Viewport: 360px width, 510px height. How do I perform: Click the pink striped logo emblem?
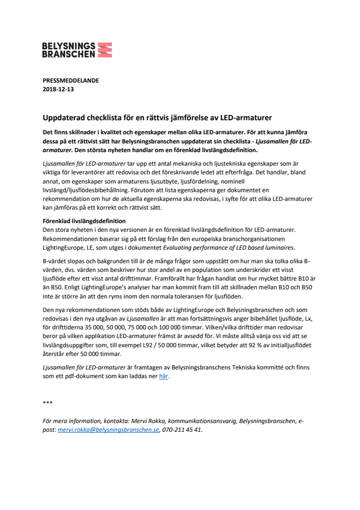click(x=105, y=50)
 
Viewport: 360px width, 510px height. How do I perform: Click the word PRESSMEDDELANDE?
click(x=70, y=81)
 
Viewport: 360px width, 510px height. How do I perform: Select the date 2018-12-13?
click(x=58, y=89)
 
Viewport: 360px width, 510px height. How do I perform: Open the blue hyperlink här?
click(x=164, y=376)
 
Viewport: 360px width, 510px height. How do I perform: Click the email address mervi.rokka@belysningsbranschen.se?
click(x=108, y=429)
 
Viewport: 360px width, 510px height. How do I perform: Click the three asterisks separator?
click(x=48, y=402)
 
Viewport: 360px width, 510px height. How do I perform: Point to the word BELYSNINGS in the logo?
click(x=69, y=46)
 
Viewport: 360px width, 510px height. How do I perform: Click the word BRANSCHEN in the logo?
click(x=69, y=54)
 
